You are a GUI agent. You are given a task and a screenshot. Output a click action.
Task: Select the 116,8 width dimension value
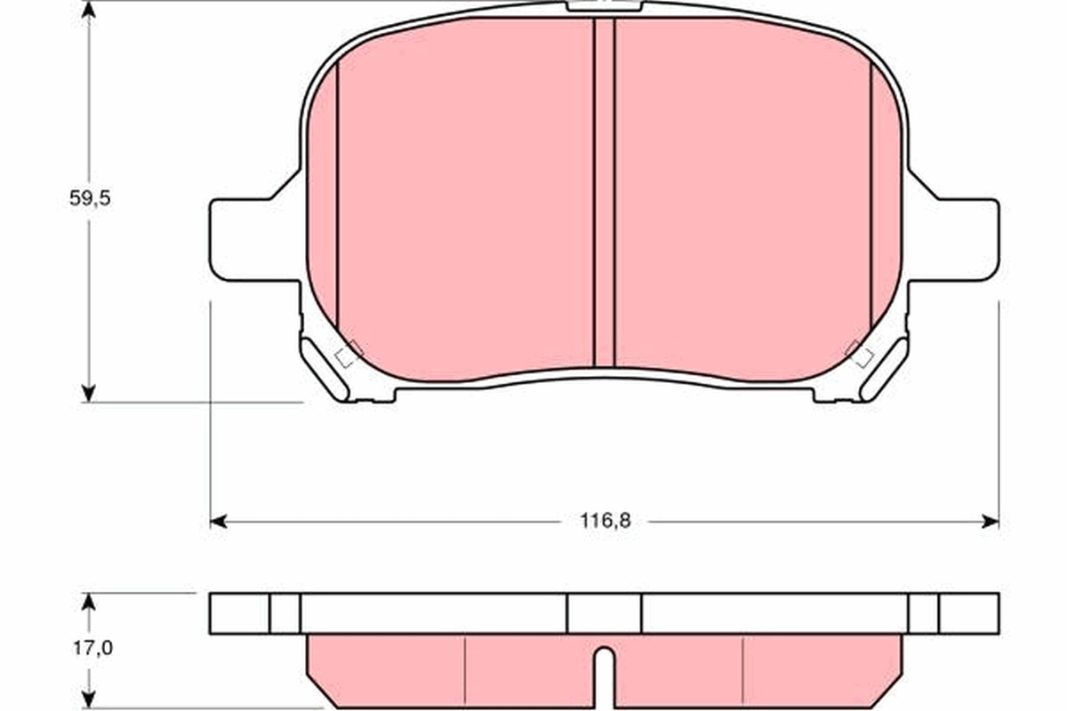tap(606, 522)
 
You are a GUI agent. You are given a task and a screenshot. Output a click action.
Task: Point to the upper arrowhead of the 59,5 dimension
tap(88, 11)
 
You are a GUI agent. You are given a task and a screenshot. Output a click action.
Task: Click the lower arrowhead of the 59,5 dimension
tap(88, 392)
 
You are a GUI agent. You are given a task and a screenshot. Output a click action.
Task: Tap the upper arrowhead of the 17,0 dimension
tap(88, 602)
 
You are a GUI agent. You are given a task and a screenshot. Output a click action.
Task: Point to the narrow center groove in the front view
tap(605, 191)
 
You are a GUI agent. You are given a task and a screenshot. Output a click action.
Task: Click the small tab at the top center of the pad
tap(605, 5)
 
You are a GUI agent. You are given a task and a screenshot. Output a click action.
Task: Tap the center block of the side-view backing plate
tap(605, 613)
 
